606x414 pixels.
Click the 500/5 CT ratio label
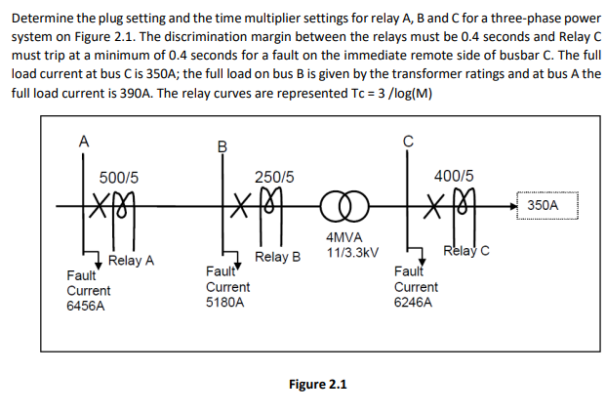(x=119, y=178)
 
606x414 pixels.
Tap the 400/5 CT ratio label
(x=455, y=178)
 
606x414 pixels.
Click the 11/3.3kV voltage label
(x=345, y=252)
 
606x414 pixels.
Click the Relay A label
(x=132, y=261)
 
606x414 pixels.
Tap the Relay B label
(x=277, y=258)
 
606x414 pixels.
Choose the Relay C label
(x=465, y=252)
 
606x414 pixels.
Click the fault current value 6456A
(x=86, y=306)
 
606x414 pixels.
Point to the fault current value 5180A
(x=226, y=303)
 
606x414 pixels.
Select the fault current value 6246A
(x=416, y=303)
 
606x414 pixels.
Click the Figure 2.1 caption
(x=319, y=383)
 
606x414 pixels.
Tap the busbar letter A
(x=84, y=140)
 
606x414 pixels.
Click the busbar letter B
(x=222, y=147)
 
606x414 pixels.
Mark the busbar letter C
(x=408, y=140)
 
